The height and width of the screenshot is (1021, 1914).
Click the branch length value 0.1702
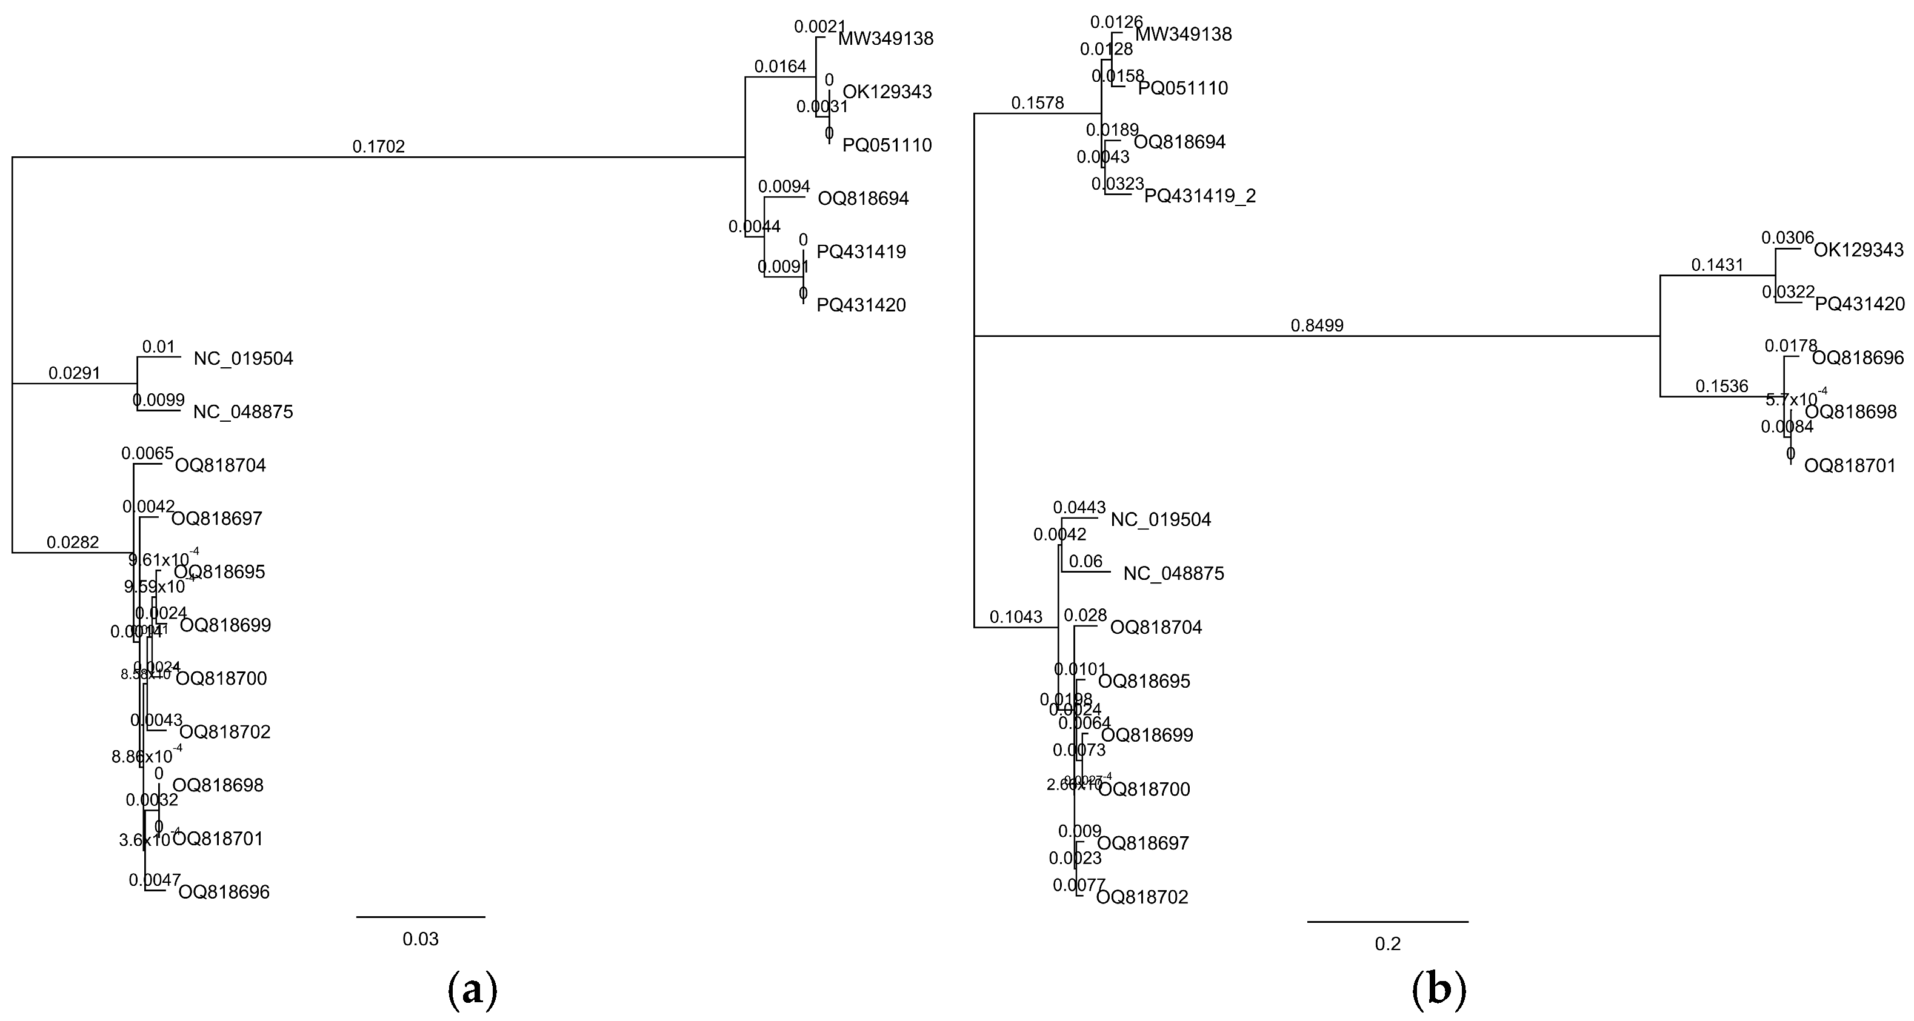[x=378, y=147]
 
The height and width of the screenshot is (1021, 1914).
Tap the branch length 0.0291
[x=75, y=373]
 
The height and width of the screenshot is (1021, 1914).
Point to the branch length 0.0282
[x=73, y=542]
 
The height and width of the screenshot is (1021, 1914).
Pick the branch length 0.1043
[x=1016, y=617]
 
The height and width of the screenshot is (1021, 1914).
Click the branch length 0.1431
[x=1717, y=265]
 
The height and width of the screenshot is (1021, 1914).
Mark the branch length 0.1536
[x=1721, y=387]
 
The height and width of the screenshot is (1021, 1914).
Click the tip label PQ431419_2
[x=1200, y=196]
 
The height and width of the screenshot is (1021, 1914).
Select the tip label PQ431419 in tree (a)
[x=861, y=252]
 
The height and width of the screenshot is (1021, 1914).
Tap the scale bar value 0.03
[x=421, y=939]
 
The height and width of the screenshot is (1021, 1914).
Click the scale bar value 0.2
[x=1387, y=943]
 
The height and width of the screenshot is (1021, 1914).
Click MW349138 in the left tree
[x=885, y=39]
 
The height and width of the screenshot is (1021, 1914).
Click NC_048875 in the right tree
[x=1174, y=574]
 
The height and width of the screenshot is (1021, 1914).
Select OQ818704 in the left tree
[x=220, y=466]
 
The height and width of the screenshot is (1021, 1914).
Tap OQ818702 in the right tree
[x=1142, y=897]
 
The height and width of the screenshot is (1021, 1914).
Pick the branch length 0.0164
[x=780, y=67]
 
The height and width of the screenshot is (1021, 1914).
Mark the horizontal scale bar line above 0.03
[x=421, y=917]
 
